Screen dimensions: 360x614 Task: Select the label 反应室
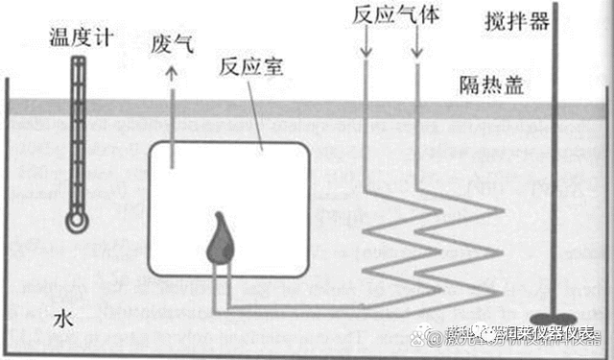(x=244, y=68)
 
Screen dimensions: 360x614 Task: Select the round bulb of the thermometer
(x=76, y=221)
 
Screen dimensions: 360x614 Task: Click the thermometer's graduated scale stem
(x=76, y=134)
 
